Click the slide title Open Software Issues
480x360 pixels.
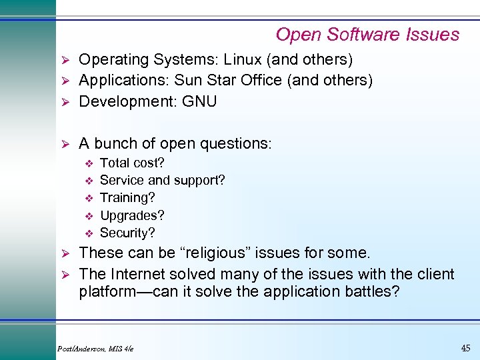tap(367, 35)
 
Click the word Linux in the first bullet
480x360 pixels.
tap(243, 60)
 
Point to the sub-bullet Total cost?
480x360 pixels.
tap(132, 163)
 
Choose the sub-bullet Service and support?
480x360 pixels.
tap(162, 180)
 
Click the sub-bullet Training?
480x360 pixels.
tap(127, 198)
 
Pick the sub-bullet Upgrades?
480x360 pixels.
tap(132, 215)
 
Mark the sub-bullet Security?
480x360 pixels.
tap(127, 233)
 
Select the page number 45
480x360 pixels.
tap(465, 347)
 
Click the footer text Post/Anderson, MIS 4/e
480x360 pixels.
tap(96, 349)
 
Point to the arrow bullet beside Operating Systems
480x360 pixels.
tap(65, 60)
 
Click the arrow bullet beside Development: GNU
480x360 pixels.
tap(65, 102)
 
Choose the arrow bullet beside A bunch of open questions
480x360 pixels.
tap(65, 144)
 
